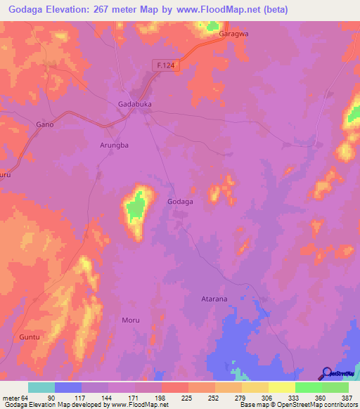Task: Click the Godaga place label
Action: tap(180, 201)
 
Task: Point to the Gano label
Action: tap(45, 124)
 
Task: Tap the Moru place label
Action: tap(131, 320)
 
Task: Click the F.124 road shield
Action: tap(163, 65)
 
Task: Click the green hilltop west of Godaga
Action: tap(136, 205)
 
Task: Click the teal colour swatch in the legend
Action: tap(41, 388)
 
